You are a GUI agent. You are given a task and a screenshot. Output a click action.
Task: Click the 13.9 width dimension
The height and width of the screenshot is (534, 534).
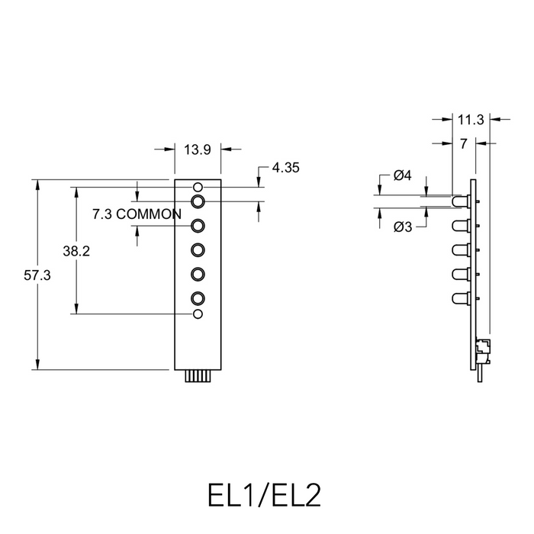coord(197,150)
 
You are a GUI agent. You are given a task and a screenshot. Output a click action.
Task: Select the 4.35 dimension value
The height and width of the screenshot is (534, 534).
coord(285,168)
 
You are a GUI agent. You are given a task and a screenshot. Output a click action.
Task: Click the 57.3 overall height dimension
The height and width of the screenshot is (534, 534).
coord(37,276)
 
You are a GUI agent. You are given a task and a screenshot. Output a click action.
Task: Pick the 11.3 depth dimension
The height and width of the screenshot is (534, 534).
coord(471,119)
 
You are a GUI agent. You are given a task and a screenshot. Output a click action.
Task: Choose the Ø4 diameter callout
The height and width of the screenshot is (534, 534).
coord(403,176)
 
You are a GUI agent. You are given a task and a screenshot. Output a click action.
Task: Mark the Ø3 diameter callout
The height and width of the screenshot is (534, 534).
coord(403,227)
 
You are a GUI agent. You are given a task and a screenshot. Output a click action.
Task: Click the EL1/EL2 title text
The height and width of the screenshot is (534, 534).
coord(264,494)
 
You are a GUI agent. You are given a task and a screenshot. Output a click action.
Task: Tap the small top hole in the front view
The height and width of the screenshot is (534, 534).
coord(198,187)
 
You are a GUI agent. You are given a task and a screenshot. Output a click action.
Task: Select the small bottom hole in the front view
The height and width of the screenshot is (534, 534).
coord(198,314)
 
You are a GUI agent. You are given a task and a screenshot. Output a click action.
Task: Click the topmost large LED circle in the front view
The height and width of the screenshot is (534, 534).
coord(198,201)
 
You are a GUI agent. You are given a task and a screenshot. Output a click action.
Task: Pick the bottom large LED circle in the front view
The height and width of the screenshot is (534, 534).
coord(198,298)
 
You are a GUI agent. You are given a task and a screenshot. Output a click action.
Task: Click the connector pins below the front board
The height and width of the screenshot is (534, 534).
coord(198,377)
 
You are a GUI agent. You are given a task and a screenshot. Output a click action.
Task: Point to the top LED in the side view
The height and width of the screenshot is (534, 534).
coord(460,202)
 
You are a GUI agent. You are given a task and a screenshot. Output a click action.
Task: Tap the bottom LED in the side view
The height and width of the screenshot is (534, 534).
coord(460,298)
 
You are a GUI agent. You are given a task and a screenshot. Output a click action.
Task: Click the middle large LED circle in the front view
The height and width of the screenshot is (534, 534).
coord(198,249)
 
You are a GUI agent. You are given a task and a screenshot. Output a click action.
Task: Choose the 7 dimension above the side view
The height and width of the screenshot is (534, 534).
coord(463,143)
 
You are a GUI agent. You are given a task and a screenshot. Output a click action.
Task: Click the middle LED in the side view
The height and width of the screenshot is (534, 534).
coord(460,250)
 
